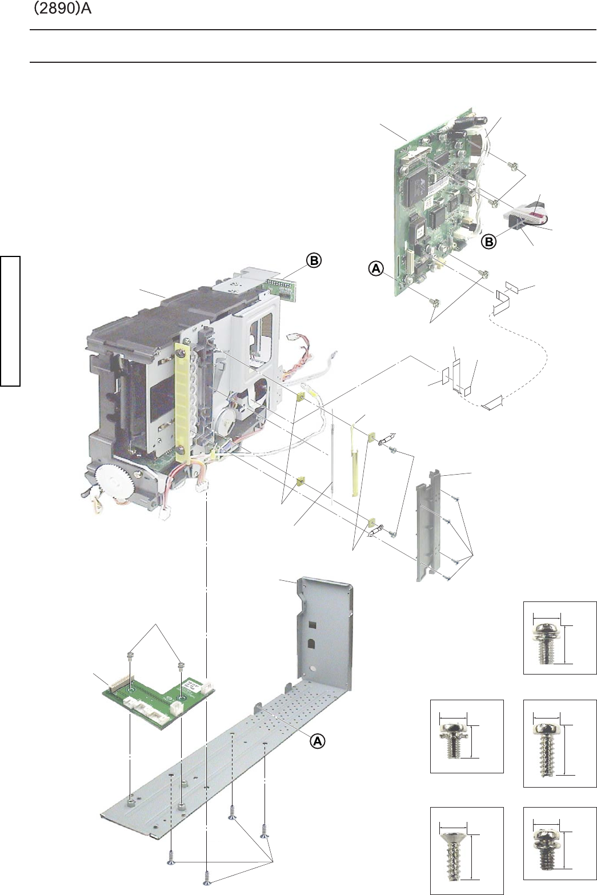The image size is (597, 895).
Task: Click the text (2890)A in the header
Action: pyautogui.click(x=62, y=9)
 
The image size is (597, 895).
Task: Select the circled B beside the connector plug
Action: pyautogui.click(x=488, y=241)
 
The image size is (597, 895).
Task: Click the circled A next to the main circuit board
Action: pyautogui.click(x=376, y=269)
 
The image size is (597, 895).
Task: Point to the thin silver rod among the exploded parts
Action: pyautogui.click(x=332, y=457)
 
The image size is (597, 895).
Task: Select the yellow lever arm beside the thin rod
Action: pyautogui.click(x=353, y=461)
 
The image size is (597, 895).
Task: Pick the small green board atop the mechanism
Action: pyautogui.click(x=288, y=285)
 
